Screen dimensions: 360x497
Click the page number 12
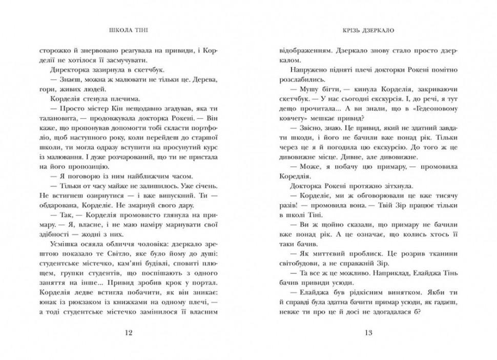(129, 333)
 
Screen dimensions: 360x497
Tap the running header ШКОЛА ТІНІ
(128, 29)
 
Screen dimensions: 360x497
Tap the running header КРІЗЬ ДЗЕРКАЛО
(368, 29)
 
